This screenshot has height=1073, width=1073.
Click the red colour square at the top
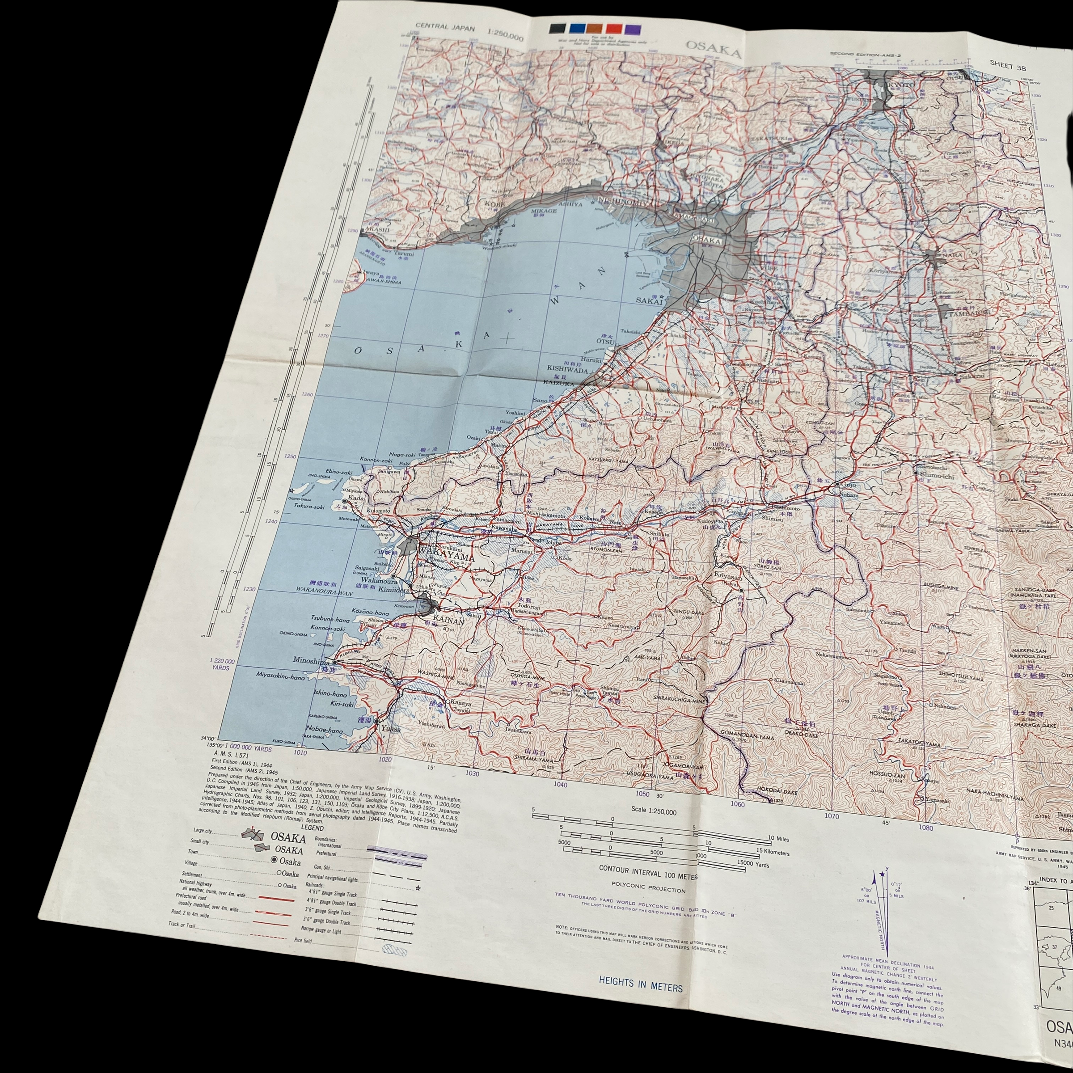(614, 29)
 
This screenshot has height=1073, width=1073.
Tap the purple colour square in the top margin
(633, 30)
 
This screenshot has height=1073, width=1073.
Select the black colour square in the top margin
(557, 28)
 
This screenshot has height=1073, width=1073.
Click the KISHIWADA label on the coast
(567, 368)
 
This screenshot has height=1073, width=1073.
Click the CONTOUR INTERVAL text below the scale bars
(647, 868)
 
